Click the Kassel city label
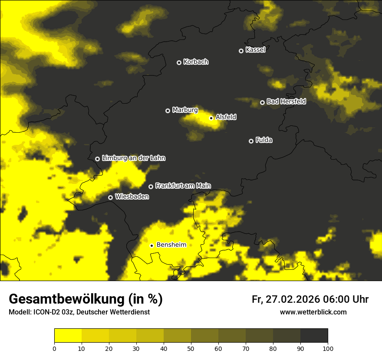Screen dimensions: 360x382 (255, 50)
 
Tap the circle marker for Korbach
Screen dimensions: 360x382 (179, 62)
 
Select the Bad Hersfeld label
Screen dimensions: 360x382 (286, 101)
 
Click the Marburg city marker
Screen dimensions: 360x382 (168, 111)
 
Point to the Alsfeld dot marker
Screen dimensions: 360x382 (211, 118)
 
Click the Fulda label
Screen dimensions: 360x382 (264, 140)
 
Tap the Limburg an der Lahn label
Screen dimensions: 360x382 (133, 158)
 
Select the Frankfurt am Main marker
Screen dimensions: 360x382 (151, 187)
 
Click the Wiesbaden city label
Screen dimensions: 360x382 (132, 197)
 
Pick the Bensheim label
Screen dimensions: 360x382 (171, 245)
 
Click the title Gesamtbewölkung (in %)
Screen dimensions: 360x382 (86, 299)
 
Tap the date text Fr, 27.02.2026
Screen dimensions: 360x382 (286, 299)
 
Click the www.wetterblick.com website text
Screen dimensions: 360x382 (313, 312)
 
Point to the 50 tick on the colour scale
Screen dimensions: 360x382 (191, 348)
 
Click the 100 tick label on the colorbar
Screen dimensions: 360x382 (328, 348)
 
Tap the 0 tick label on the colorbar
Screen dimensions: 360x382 (54, 348)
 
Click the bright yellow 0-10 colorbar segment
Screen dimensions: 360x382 (68, 336)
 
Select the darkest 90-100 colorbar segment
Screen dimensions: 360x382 (314, 336)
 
